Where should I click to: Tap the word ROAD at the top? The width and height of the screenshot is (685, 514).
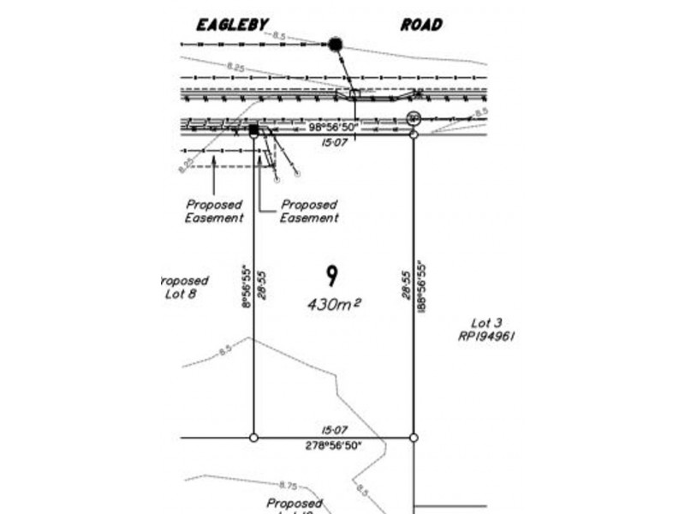point(421,25)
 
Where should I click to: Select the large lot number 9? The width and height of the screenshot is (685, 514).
point(331,276)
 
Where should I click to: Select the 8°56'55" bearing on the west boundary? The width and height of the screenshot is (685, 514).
point(245,286)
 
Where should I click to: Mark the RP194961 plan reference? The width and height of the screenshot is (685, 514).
point(485,337)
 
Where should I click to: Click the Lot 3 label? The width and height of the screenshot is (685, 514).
point(485,323)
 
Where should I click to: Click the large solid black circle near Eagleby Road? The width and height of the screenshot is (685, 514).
point(336,43)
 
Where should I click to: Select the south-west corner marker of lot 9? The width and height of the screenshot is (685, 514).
point(253,438)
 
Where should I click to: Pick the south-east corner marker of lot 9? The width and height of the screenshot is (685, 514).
point(414,438)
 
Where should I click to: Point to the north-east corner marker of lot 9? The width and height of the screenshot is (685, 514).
point(414,134)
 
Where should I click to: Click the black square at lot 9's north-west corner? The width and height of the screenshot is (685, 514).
point(253,130)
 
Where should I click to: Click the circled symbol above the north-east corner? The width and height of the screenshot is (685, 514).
point(414,117)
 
